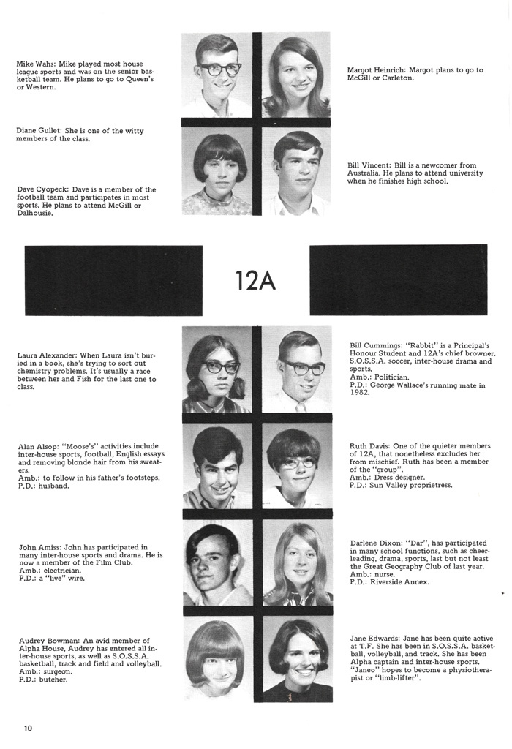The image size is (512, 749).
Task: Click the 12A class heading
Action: pos(255,280)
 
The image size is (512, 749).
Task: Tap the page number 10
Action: pos(28,728)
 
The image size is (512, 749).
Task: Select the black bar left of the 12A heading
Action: pos(113,280)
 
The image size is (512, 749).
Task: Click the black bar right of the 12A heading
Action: pos(398,280)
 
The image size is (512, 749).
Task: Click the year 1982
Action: pos(359,392)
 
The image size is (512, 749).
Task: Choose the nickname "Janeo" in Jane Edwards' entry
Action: pos(366,669)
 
